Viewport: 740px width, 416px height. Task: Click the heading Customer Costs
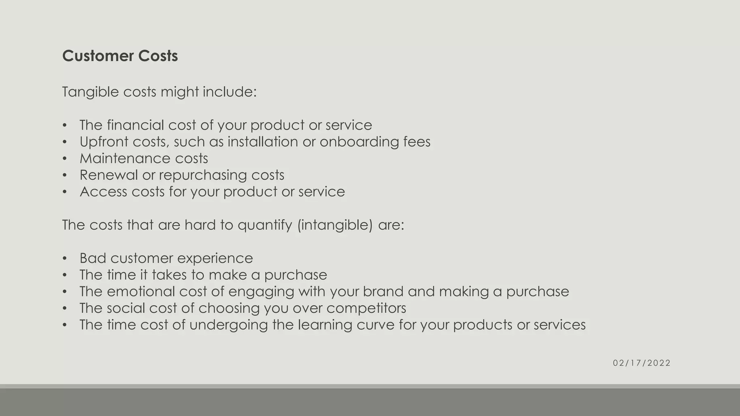tap(120, 56)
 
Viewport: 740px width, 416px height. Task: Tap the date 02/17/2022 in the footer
tap(641, 363)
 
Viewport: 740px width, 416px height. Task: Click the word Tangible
tap(90, 92)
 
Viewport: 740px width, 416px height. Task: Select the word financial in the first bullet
tap(135, 125)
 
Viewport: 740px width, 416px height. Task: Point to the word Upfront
tap(104, 142)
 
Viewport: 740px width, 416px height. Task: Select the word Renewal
tap(108, 175)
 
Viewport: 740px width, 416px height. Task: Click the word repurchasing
tap(203, 175)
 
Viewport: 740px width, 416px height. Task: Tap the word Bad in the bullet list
tap(92, 258)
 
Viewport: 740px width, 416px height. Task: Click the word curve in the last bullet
tap(375, 325)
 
